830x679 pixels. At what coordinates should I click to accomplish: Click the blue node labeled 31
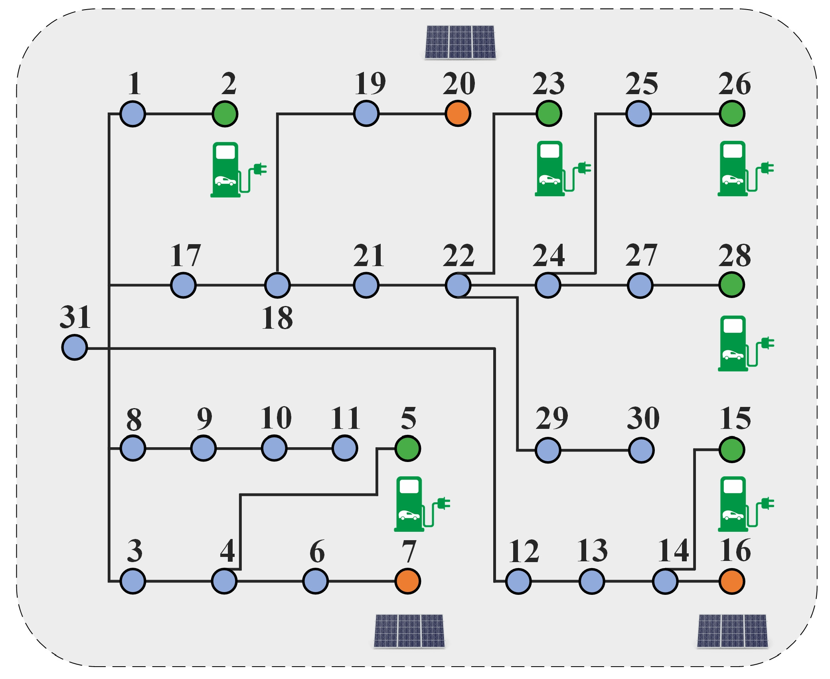tap(75, 347)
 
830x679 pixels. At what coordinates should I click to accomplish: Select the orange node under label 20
tap(458, 114)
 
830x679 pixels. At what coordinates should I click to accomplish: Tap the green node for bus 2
tap(225, 114)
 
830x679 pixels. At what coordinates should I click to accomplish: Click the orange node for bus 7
tap(407, 581)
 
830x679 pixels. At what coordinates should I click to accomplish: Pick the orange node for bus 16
tap(731, 581)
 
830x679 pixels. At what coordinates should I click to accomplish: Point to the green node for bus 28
tap(731, 285)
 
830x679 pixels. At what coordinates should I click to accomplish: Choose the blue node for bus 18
tap(277, 285)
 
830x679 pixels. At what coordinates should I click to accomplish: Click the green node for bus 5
tap(407, 448)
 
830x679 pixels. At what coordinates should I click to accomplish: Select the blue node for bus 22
tap(458, 285)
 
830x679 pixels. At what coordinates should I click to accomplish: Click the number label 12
tap(523, 551)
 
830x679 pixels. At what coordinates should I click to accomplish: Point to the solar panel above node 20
tap(460, 42)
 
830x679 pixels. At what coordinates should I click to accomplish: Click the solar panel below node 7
tap(409, 631)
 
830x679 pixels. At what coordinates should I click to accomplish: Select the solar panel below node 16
tap(732, 631)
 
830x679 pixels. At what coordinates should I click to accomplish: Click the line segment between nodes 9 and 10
tap(239, 448)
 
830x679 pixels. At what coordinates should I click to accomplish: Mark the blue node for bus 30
tap(641, 450)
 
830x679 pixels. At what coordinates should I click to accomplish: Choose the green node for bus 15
tap(731, 450)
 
